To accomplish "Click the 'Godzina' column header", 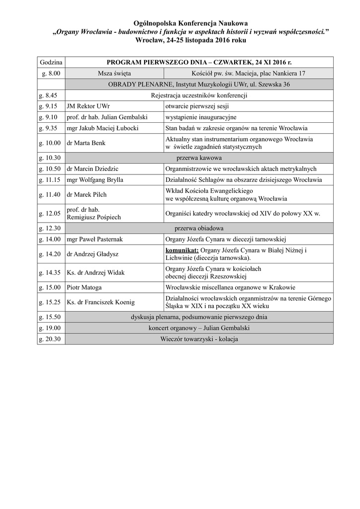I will [x=51, y=63].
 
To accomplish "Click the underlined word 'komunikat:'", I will [x=182, y=250].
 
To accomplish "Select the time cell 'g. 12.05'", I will [x=50, y=213].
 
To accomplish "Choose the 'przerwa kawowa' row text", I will [x=198, y=158].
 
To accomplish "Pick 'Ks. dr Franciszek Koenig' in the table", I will [x=99, y=302].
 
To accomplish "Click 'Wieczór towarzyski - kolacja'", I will [x=199, y=339].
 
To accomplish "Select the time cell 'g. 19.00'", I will [x=50, y=328].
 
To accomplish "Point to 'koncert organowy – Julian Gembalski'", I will [x=199, y=328].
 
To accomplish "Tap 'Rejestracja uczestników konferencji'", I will [x=199, y=95].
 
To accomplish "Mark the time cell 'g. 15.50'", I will [x=50, y=317].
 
